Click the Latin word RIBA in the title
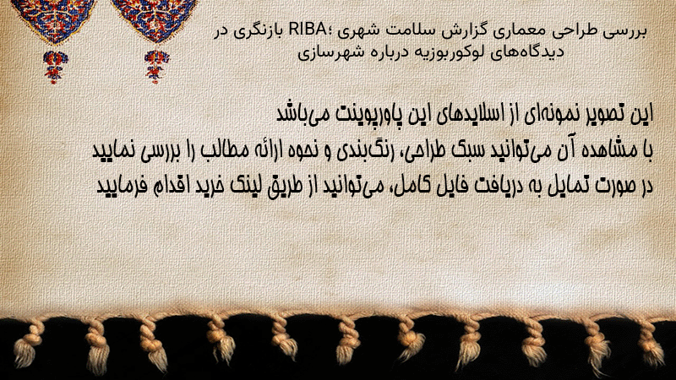point(308,30)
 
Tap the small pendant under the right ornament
point(156,67)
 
